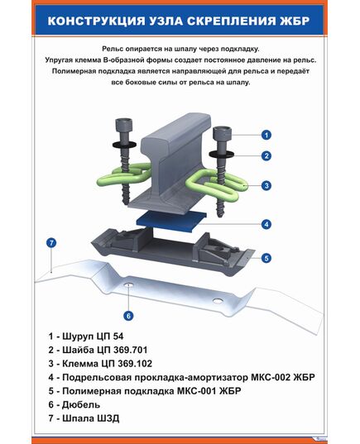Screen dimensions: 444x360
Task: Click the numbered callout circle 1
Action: (x=266, y=134)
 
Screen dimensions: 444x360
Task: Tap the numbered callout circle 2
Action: (x=266, y=155)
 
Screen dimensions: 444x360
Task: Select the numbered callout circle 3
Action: (x=266, y=186)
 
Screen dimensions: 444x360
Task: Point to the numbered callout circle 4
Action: (x=266, y=224)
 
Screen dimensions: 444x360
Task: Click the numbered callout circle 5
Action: (x=266, y=258)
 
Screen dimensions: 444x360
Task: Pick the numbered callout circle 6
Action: (x=129, y=315)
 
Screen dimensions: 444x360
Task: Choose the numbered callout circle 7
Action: (x=51, y=243)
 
